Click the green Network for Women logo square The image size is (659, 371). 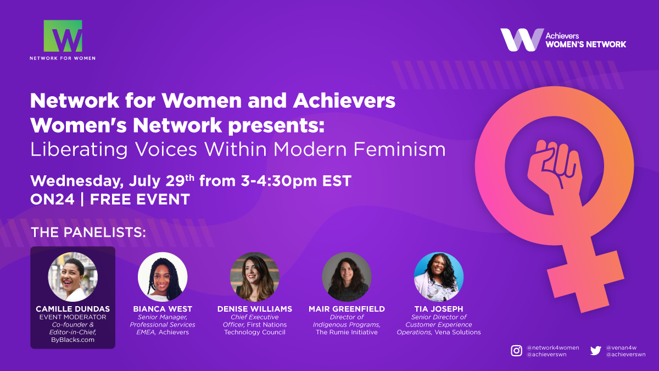coord(63,36)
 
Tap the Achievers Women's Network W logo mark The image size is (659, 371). coord(522,40)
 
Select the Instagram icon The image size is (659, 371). coord(516,351)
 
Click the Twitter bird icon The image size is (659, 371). coord(596,351)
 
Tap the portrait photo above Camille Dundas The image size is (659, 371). coord(72,277)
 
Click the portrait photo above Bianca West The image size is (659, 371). coord(163,277)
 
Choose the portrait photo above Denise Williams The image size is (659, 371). coord(254,277)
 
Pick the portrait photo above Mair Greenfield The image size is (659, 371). coord(347,277)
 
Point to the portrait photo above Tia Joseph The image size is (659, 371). coord(439,277)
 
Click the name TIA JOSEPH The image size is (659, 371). coord(439,309)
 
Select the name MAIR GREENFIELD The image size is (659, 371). coord(347,309)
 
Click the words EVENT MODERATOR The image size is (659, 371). coord(72,317)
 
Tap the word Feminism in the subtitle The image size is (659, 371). coord(399,149)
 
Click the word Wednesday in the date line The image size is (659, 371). coord(77,181)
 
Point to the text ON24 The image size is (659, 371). coord(52,200)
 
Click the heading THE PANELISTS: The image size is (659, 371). coord(88,232)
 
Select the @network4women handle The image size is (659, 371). coord(553,347)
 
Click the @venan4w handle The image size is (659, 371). coord(621,347)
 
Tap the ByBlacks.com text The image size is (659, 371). coord(72,340)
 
